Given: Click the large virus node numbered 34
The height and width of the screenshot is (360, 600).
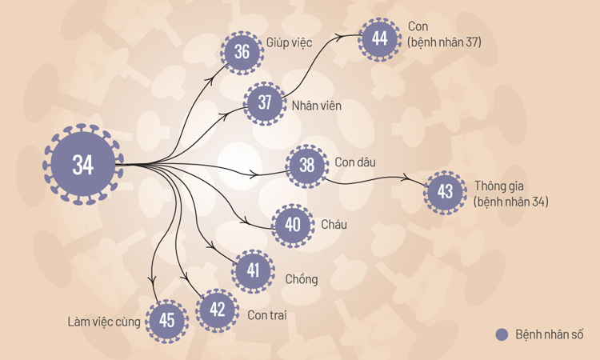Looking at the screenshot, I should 82,165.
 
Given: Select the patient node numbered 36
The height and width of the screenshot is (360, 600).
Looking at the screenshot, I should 242,53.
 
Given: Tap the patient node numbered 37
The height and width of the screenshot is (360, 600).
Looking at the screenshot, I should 265,102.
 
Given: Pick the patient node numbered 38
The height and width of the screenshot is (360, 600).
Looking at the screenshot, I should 307,166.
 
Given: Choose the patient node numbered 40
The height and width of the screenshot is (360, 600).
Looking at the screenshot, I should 293,225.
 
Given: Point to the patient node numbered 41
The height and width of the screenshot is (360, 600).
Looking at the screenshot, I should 254,270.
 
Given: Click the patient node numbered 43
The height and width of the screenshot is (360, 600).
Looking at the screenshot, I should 446,192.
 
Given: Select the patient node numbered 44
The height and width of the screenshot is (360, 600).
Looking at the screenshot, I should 379,38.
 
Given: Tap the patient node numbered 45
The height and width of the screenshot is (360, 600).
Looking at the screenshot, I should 166,321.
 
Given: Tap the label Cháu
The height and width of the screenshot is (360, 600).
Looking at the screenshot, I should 334,225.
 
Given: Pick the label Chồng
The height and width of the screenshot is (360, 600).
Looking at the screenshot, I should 302,279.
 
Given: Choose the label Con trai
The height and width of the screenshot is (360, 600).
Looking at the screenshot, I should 267,315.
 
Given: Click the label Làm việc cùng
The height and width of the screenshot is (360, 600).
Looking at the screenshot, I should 104,322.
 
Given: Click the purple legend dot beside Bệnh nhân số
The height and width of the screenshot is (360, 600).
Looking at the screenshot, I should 502,334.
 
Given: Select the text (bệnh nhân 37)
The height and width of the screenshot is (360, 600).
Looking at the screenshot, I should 444,42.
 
